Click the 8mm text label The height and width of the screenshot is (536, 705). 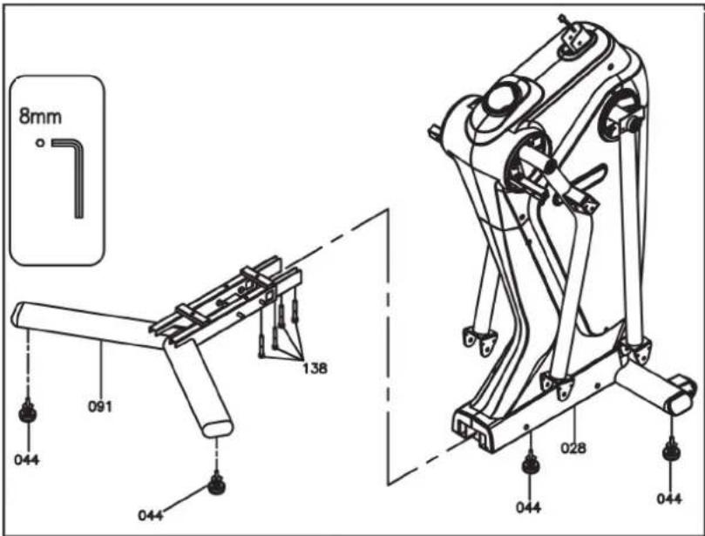pos(40,117)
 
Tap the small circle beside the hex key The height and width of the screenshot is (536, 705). pos(40,143)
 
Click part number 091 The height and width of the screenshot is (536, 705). pos(99,406)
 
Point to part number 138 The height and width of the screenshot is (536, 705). pos(315,369)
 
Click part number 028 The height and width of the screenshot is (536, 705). pos(573,448)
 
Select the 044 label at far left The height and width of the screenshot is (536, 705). pos(26,460)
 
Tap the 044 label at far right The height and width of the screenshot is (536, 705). pos(669,499)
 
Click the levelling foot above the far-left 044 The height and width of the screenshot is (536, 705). pos(28,411)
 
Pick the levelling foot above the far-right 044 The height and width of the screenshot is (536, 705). pos(670,450)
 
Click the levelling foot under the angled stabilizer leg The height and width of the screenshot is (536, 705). pos(217,484)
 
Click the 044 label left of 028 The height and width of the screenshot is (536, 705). pos(528,507)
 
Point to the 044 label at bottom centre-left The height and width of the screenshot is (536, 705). pos(151,515)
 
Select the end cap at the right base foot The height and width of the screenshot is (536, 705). pos(682,396)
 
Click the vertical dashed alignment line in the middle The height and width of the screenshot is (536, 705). pos(388,347)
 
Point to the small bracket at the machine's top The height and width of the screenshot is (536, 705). pos(573,35)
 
